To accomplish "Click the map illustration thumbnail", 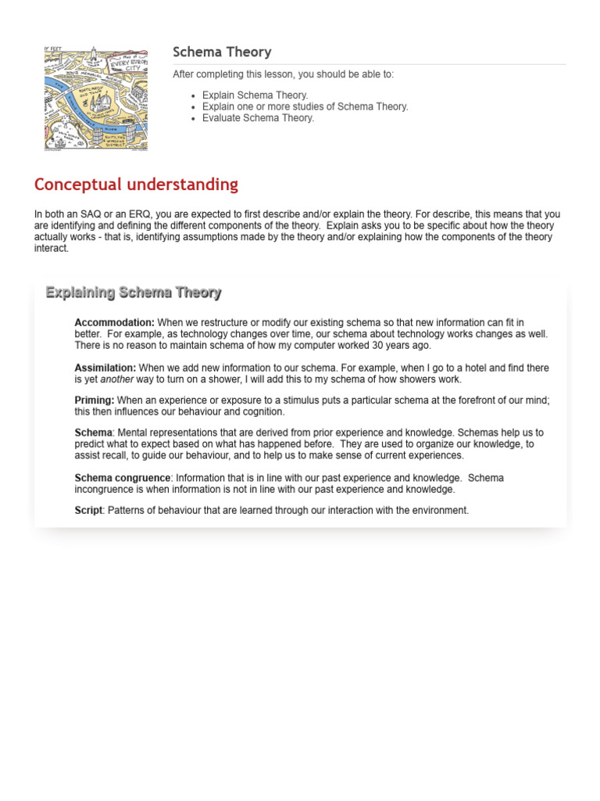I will pos(95,99).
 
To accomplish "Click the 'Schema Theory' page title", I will pos(222,52).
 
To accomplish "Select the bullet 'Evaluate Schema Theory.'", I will pos(258,118).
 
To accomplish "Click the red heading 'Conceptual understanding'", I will pos(136,185).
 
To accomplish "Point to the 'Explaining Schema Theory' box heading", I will pos(133,293).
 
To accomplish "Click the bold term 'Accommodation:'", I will pos(114,322).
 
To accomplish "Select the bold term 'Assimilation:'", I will pos(105,368).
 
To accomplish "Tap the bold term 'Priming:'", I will pos(94,400).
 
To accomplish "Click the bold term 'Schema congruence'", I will pos(122,478).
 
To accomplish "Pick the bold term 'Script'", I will pos(88,510).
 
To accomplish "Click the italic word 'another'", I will pos(116,379).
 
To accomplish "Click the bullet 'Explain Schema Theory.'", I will pos(255,95).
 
